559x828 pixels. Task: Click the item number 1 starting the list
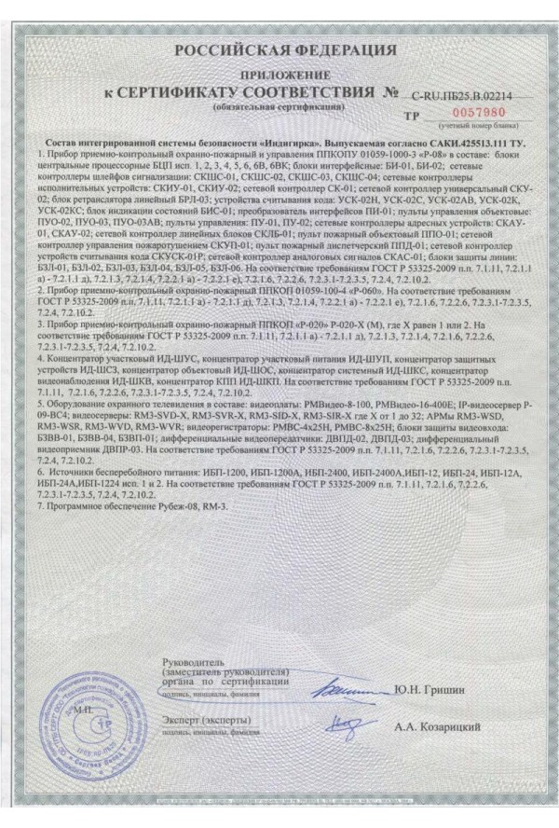(x=38, y=151)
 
